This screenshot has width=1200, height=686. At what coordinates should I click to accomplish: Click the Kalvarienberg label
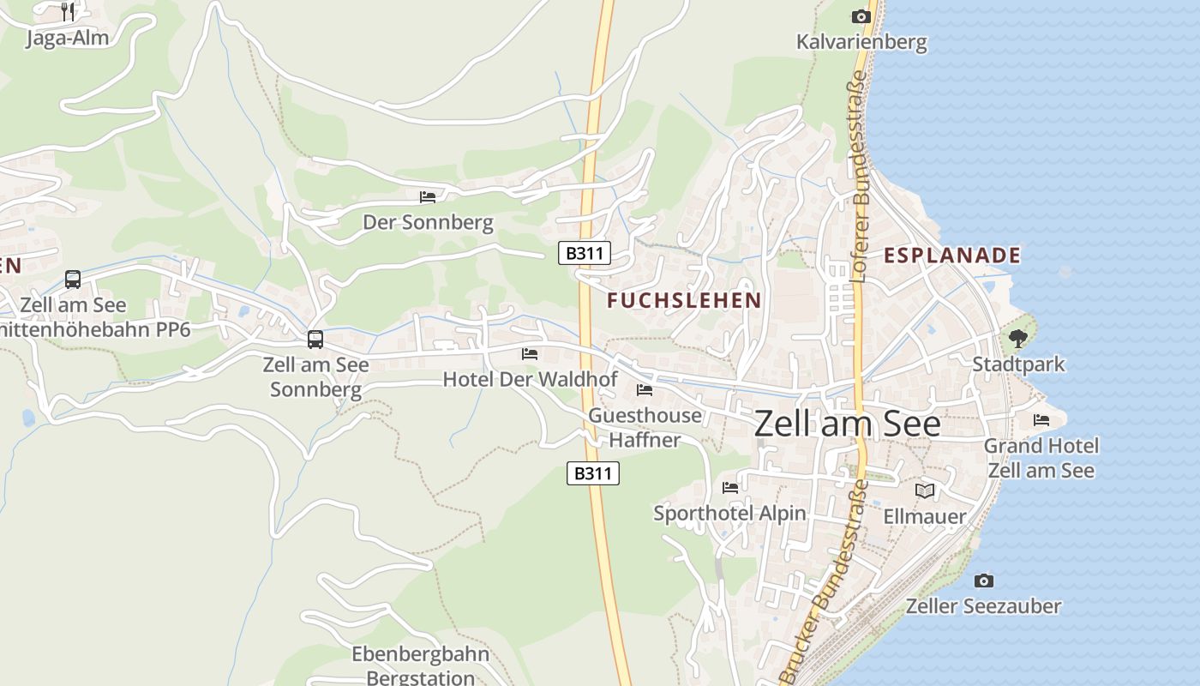click(x=861, y=42)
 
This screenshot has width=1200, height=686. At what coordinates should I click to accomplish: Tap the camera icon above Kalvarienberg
click(x=861, y=16)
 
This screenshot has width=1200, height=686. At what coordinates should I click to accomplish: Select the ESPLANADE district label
click(x=952, y=255)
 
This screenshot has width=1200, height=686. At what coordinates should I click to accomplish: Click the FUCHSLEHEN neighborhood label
click(x=684, y=300)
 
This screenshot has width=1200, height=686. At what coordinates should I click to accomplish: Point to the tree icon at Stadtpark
click(x=1017, y=339)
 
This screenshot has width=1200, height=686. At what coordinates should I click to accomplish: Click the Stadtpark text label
click(x=1018, y=364)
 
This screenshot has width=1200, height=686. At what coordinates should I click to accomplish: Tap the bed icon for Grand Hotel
click(x=1041, y=420)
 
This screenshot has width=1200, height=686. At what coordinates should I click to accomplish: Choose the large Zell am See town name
click(x=847, y=424)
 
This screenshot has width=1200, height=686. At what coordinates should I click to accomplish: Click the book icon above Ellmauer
click(x=924, y=490)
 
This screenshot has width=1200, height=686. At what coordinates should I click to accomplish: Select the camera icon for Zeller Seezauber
click(x=984, y=581)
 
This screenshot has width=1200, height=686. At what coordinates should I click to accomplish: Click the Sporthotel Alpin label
click(x=729, y=513)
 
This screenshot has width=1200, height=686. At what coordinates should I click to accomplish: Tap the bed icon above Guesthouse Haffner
click(x=645, y=390)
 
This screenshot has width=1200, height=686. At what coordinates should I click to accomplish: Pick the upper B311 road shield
click(x=584, y=253)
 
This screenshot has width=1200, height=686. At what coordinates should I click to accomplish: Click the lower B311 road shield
click(x=593, y=472)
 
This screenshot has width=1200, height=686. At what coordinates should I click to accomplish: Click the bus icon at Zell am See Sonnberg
click(x=315, y=340)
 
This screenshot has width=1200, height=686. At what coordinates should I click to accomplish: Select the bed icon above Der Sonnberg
click(x=428, y=197)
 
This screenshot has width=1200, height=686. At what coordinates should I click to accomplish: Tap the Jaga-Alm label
click(x=68, y=39)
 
